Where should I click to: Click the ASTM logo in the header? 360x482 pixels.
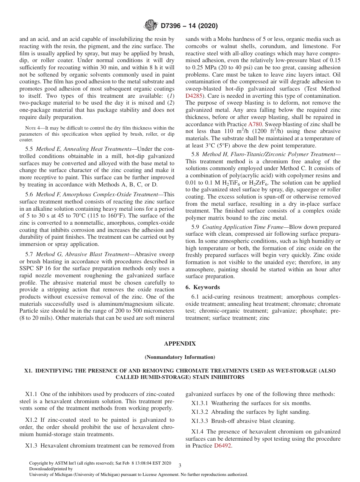point(151,26)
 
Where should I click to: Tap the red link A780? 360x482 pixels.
point(255,124)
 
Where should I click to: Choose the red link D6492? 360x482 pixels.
point(223,446)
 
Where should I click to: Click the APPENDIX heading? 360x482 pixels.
point(180,344)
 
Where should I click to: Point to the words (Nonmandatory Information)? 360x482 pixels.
point(180,357)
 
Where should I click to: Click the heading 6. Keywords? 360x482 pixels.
point(203,287)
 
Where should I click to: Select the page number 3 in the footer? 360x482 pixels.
point(180,465)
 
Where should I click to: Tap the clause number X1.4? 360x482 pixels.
point(198,432)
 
